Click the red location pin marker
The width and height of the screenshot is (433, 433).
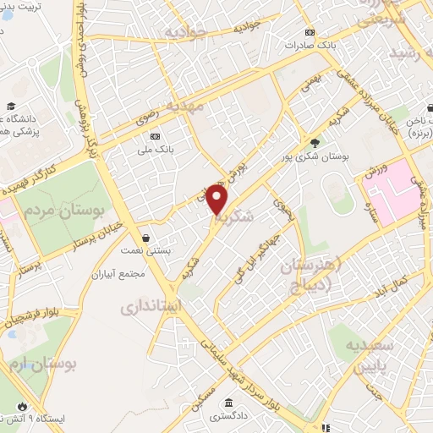tap(217, 200)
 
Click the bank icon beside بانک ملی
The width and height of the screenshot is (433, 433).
tap(154, 136)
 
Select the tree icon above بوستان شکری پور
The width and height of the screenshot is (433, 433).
tap(315, 142)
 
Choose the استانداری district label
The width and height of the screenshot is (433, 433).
tap(158, 306)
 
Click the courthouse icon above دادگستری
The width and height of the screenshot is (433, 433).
tap(228, 403)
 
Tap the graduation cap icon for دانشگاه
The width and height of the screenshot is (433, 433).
tap(11, 107)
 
